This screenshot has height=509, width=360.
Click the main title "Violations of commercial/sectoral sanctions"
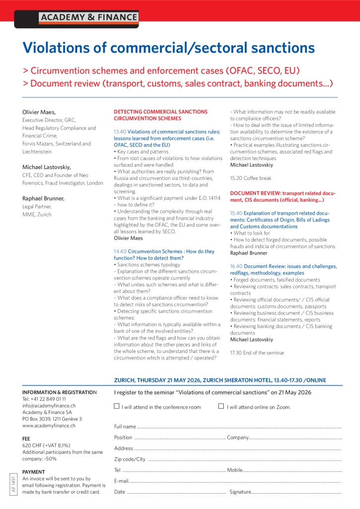pos(169,48)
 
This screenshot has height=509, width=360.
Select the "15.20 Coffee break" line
pos(252,178)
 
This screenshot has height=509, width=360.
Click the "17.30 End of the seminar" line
pos(257,353)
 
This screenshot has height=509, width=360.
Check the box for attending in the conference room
pos(117,406)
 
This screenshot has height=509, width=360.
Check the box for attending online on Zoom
pos(221,406)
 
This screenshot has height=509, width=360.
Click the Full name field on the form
pos(239,427)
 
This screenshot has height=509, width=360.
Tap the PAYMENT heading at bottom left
pos(34,472)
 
